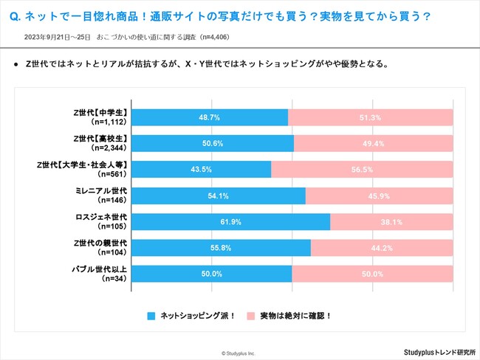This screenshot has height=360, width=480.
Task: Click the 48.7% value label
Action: point(210,117)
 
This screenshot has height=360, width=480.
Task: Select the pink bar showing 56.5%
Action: point(362,170)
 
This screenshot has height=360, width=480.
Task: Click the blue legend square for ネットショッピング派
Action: point(151,315)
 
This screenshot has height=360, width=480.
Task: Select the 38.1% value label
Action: point(391,222)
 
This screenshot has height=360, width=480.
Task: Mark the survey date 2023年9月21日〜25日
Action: point(57,36)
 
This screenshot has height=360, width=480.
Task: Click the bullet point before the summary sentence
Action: point(16,64)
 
